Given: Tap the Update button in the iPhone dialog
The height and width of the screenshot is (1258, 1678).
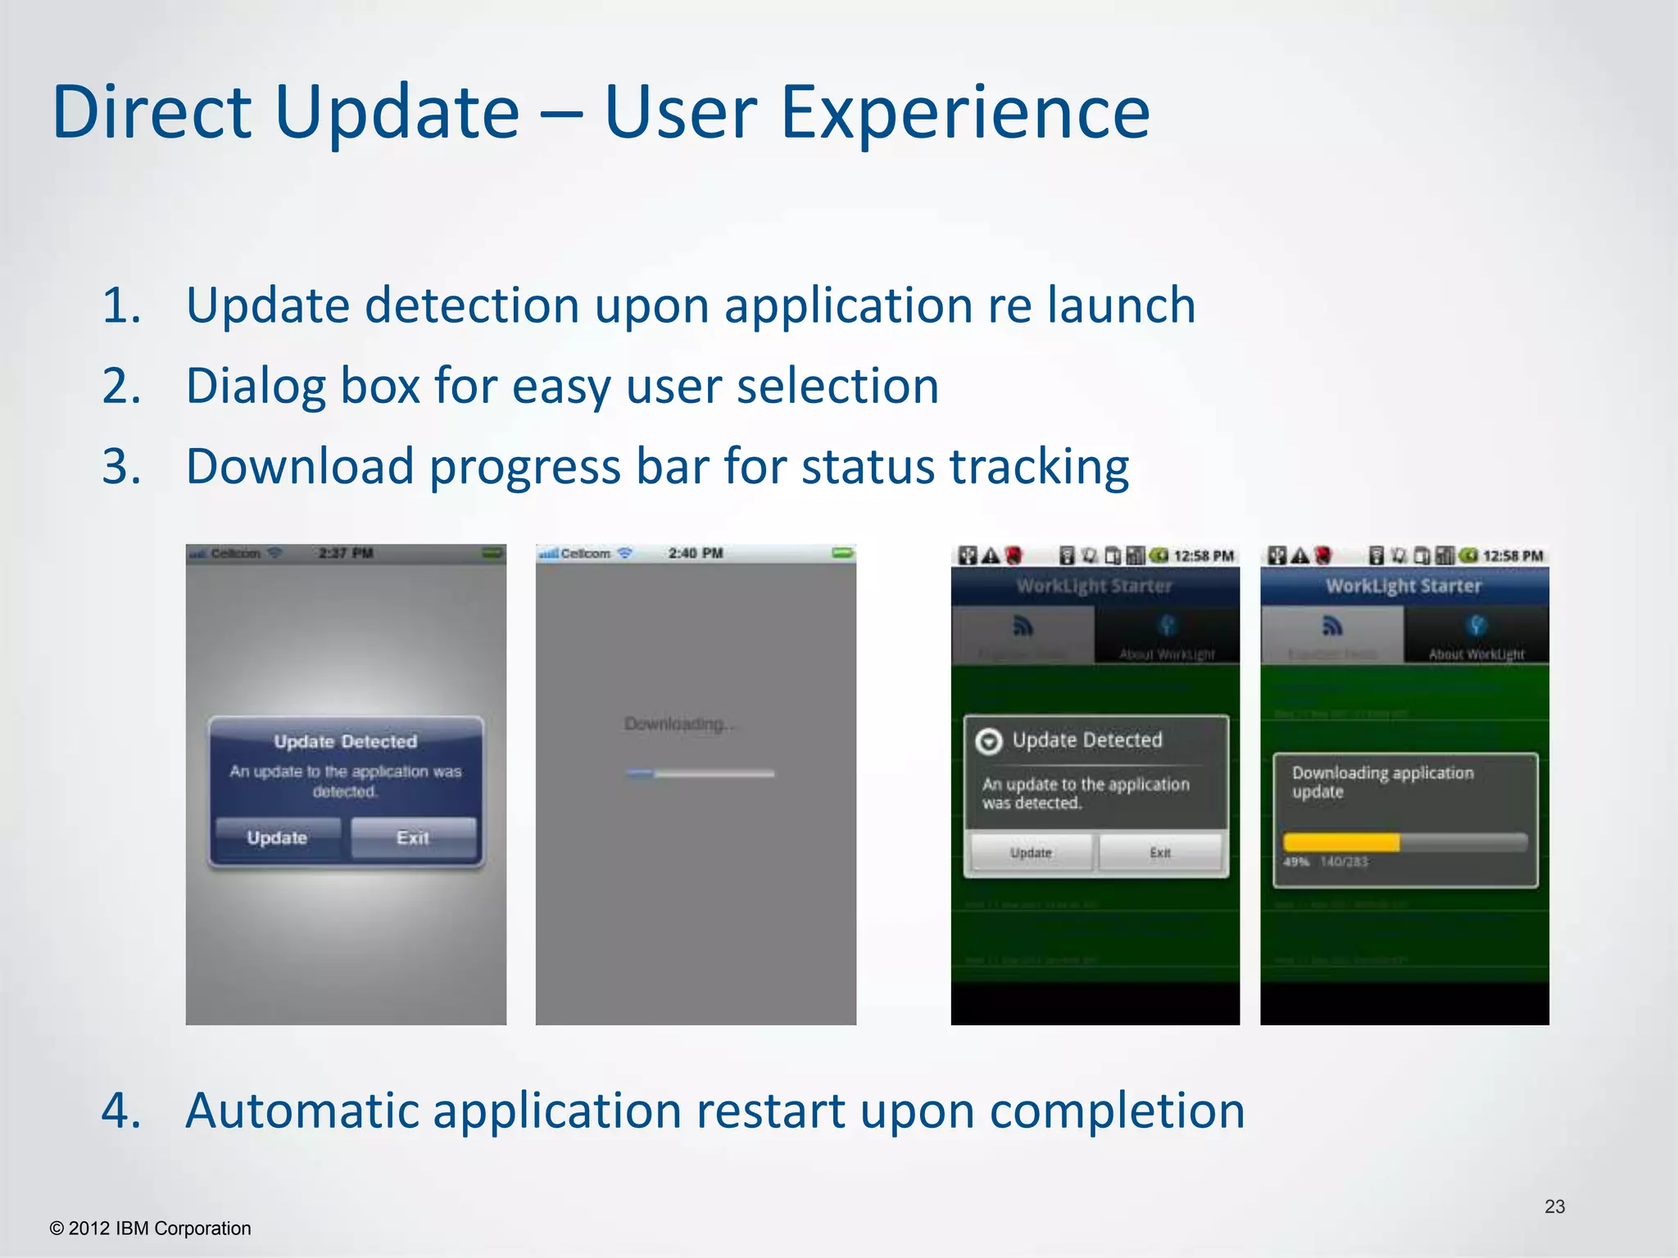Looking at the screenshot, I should (x=278, y=838).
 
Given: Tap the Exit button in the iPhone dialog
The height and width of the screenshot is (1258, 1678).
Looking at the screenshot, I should (x=413, y=838).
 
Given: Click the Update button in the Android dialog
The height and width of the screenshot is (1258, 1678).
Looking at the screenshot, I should (x=1031, y=853).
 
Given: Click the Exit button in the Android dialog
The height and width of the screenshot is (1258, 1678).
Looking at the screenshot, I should (x=1160, y=853).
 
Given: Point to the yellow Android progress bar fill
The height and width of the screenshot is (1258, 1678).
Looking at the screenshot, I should (x=1341, y=842).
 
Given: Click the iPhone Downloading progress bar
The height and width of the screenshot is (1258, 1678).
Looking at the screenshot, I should (x=699, y=773).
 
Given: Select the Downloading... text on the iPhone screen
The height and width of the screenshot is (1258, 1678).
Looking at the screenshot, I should (x=679, y=724).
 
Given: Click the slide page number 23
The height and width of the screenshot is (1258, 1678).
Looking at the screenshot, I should (x=1554, y=1206).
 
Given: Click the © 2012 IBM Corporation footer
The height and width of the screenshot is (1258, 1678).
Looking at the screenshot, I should (x=151, y=1229).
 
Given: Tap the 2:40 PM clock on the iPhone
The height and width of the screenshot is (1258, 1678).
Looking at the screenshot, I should (x=696, y=554).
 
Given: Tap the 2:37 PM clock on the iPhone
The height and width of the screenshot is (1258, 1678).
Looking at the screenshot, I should (x=346, y=554).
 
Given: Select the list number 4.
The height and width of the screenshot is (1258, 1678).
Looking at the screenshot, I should (x=121, y=1111).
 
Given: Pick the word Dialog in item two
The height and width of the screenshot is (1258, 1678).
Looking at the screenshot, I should (x=256, y=387).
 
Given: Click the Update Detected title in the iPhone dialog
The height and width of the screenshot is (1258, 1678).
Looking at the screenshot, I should (x=346, y=741).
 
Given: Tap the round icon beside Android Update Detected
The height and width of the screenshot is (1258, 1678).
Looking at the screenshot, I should (x=989, y=741).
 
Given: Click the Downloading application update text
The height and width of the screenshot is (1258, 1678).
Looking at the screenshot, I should (x=1382, y=782).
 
